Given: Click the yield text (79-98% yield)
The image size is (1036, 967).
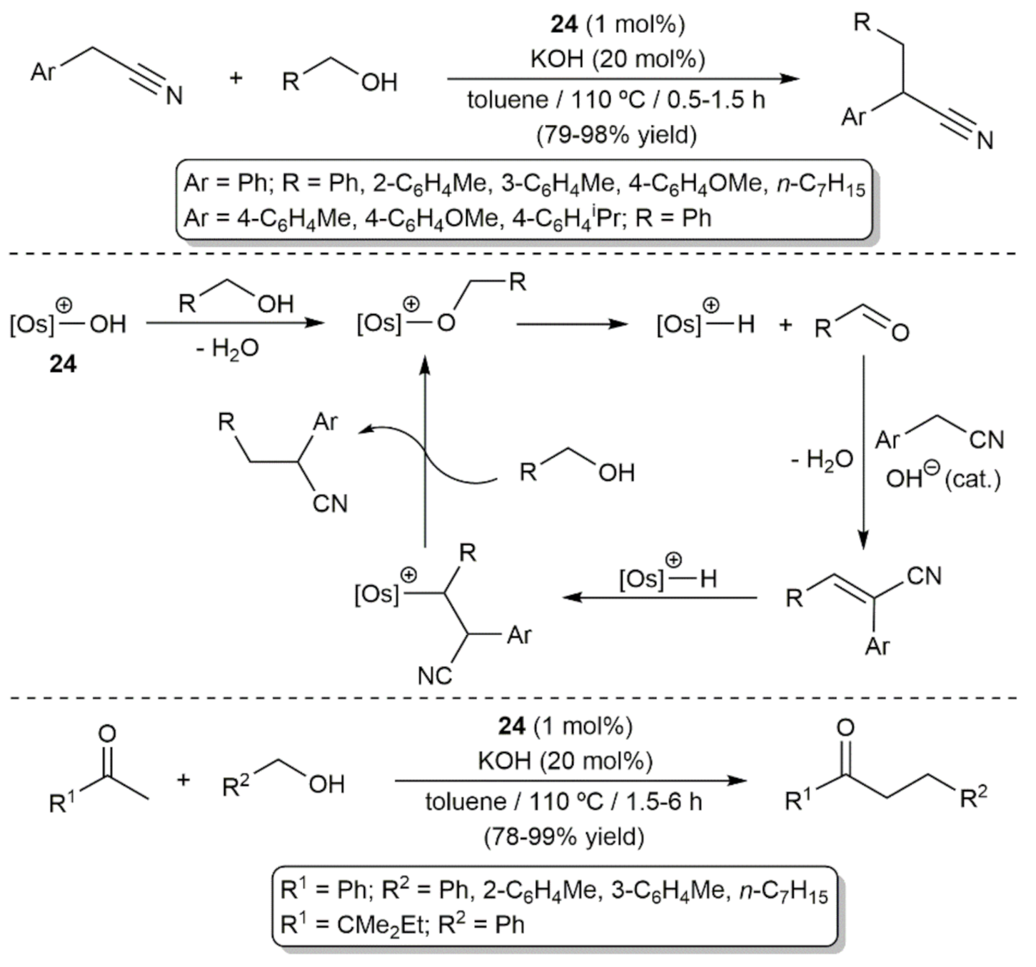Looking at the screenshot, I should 616,134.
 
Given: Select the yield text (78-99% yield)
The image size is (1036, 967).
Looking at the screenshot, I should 563,836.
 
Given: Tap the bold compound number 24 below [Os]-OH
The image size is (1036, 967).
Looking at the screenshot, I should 63,364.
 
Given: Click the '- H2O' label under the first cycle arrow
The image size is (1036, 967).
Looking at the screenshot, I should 228,349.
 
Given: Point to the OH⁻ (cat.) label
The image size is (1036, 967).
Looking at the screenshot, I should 942,479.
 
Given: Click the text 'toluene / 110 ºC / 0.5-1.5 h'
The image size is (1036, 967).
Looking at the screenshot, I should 616,100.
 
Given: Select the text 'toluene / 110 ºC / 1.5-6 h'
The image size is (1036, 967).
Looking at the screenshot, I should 563,801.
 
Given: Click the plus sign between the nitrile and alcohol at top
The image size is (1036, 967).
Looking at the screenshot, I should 236,78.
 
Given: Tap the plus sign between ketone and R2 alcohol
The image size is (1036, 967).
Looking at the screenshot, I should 183,779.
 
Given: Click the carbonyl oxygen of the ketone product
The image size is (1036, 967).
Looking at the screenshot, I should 845,728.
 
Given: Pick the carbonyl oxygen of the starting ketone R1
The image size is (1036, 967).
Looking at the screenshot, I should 107,733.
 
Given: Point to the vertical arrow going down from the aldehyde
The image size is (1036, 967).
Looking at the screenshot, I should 863,450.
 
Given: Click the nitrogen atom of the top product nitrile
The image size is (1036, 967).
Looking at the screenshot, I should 985,141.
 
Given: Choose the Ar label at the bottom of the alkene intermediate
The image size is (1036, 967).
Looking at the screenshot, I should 877,647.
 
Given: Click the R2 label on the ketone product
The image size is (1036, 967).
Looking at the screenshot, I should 973,798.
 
